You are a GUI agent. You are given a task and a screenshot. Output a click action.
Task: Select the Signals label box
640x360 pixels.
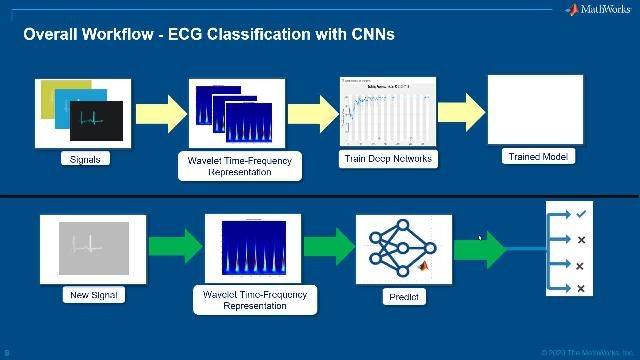pyautogui.click(x=85, y=158)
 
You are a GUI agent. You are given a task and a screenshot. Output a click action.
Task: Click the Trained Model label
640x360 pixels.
pyautogui.click(x=538, y=156)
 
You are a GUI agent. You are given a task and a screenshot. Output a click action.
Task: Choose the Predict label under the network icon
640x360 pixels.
pyautogui.click(x=404, y=297)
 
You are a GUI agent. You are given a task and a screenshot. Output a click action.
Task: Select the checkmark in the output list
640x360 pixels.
pyautogui.click(x=581, y=212)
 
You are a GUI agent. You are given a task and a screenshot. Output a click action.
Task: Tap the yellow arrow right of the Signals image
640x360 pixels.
pyautogui.click(x=155, y=110)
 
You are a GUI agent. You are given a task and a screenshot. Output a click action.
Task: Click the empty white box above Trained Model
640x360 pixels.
pyautogui.click(x=535, y=109)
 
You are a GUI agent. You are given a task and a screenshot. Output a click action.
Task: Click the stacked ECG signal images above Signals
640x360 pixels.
pyautogui.click(x=83, y=113)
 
